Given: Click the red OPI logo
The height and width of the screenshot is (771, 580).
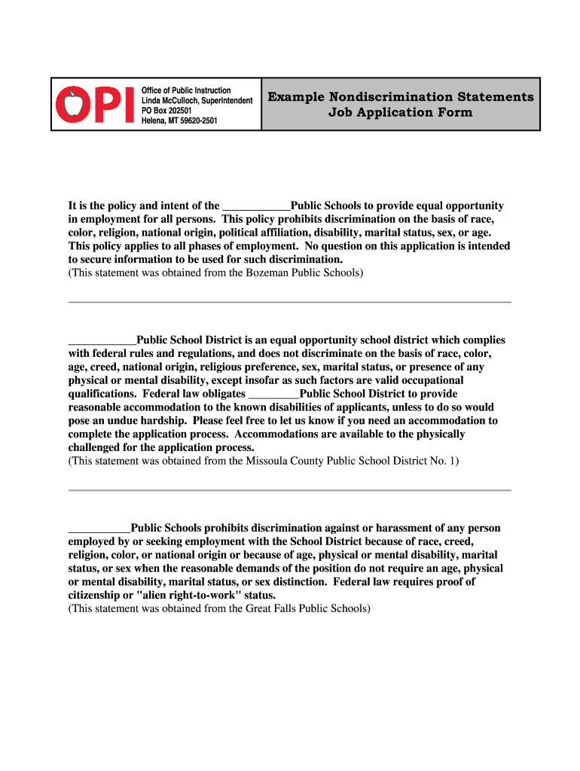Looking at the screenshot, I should pos(96,104).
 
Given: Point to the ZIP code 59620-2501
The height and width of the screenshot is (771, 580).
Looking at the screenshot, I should pos(194,120).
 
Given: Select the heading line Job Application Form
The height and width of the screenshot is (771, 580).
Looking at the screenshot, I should pos(400,113).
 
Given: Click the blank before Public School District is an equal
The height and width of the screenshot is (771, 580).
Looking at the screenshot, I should pos(102,340).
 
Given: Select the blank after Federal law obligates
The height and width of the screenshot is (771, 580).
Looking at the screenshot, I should pos(273,394).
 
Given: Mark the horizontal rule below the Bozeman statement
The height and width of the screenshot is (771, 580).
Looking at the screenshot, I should pos(290,303).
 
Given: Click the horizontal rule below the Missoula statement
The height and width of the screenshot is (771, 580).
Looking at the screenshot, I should pos(290,490).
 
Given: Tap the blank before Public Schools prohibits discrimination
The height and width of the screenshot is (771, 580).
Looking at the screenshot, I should pos(99,528).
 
